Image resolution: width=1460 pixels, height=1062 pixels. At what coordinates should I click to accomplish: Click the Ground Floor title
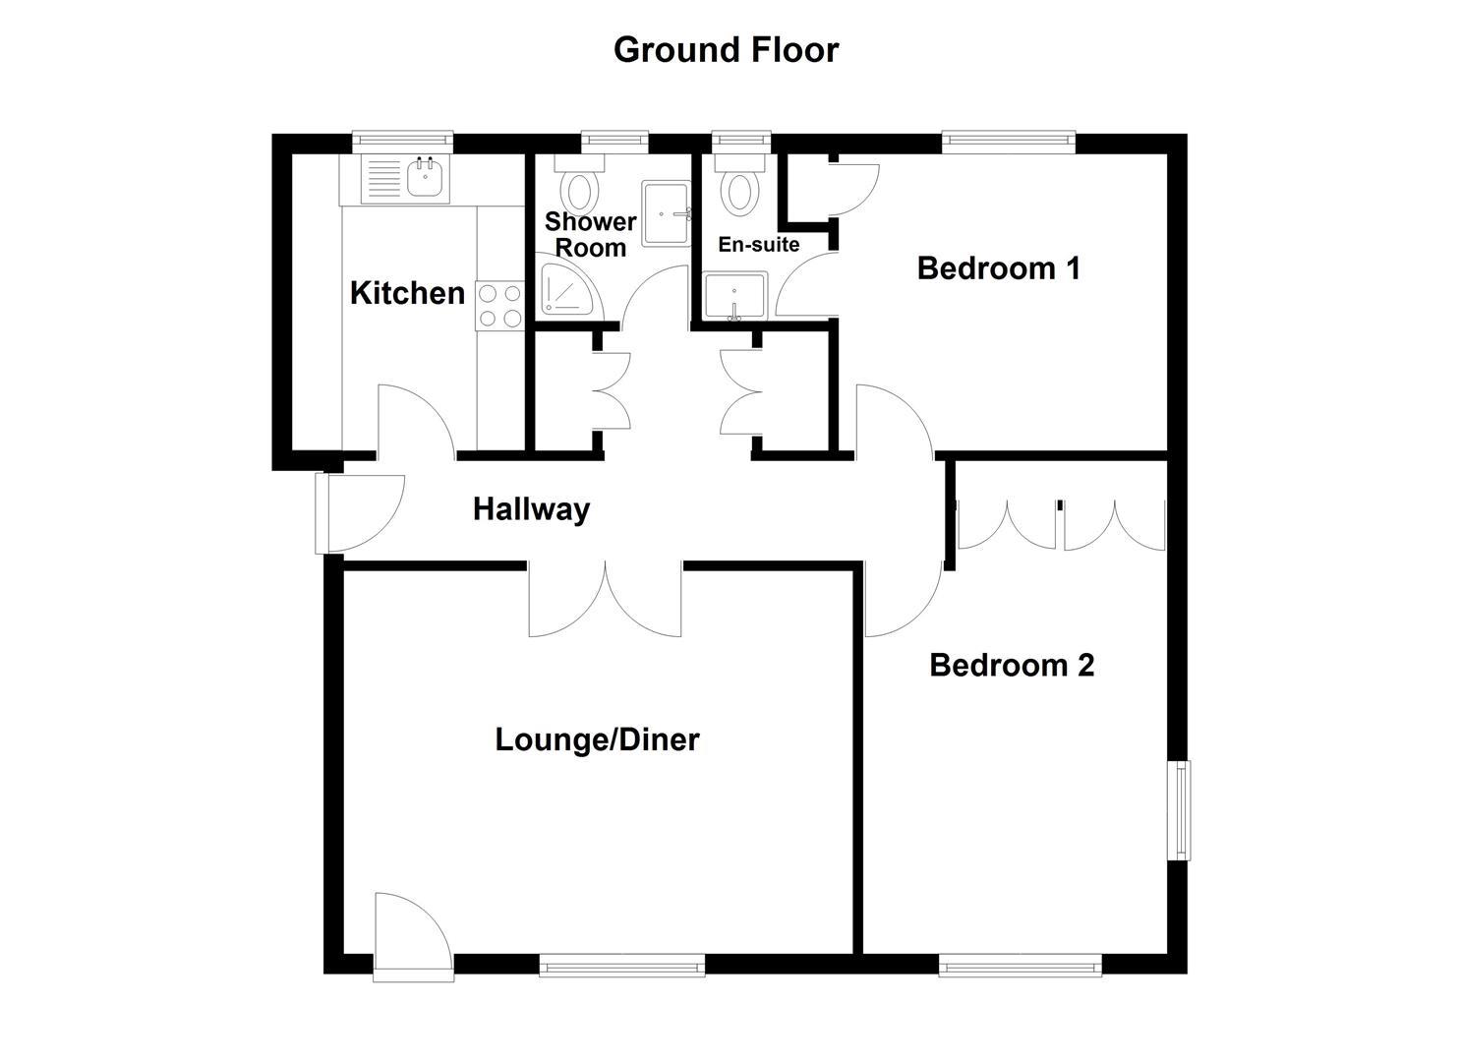tap(726, 49)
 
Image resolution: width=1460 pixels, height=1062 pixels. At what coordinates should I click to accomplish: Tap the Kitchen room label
tap(407, 292)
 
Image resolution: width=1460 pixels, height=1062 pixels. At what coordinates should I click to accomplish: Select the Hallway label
tap(531, 509)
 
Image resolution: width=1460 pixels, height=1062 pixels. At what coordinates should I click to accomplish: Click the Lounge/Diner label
tap(597, 739)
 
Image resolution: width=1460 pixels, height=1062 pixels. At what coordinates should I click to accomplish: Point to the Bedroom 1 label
tap(998, 267)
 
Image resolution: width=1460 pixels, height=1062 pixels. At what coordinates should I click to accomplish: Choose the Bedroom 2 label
tap(1012, 666)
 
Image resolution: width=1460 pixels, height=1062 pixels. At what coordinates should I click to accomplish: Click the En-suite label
tap(758, 245)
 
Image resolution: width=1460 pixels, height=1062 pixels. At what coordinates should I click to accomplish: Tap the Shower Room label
tap(590, 234)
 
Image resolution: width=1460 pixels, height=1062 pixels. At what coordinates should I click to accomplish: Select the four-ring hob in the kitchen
tap(499, 305)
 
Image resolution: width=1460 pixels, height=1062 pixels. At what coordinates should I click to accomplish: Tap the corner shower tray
tap(564, 289)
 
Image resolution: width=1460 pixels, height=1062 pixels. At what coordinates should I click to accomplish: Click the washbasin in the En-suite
tap(734, 297)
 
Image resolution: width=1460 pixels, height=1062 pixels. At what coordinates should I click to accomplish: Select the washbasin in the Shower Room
tap(667, 213)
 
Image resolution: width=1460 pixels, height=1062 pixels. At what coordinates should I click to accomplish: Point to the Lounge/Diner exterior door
tap(411, 935)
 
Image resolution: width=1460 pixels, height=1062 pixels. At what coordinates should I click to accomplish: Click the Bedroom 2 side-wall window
tap(1179, 810)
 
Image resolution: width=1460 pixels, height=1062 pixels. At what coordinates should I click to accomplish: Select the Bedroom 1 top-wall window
tap(1009, 143)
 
